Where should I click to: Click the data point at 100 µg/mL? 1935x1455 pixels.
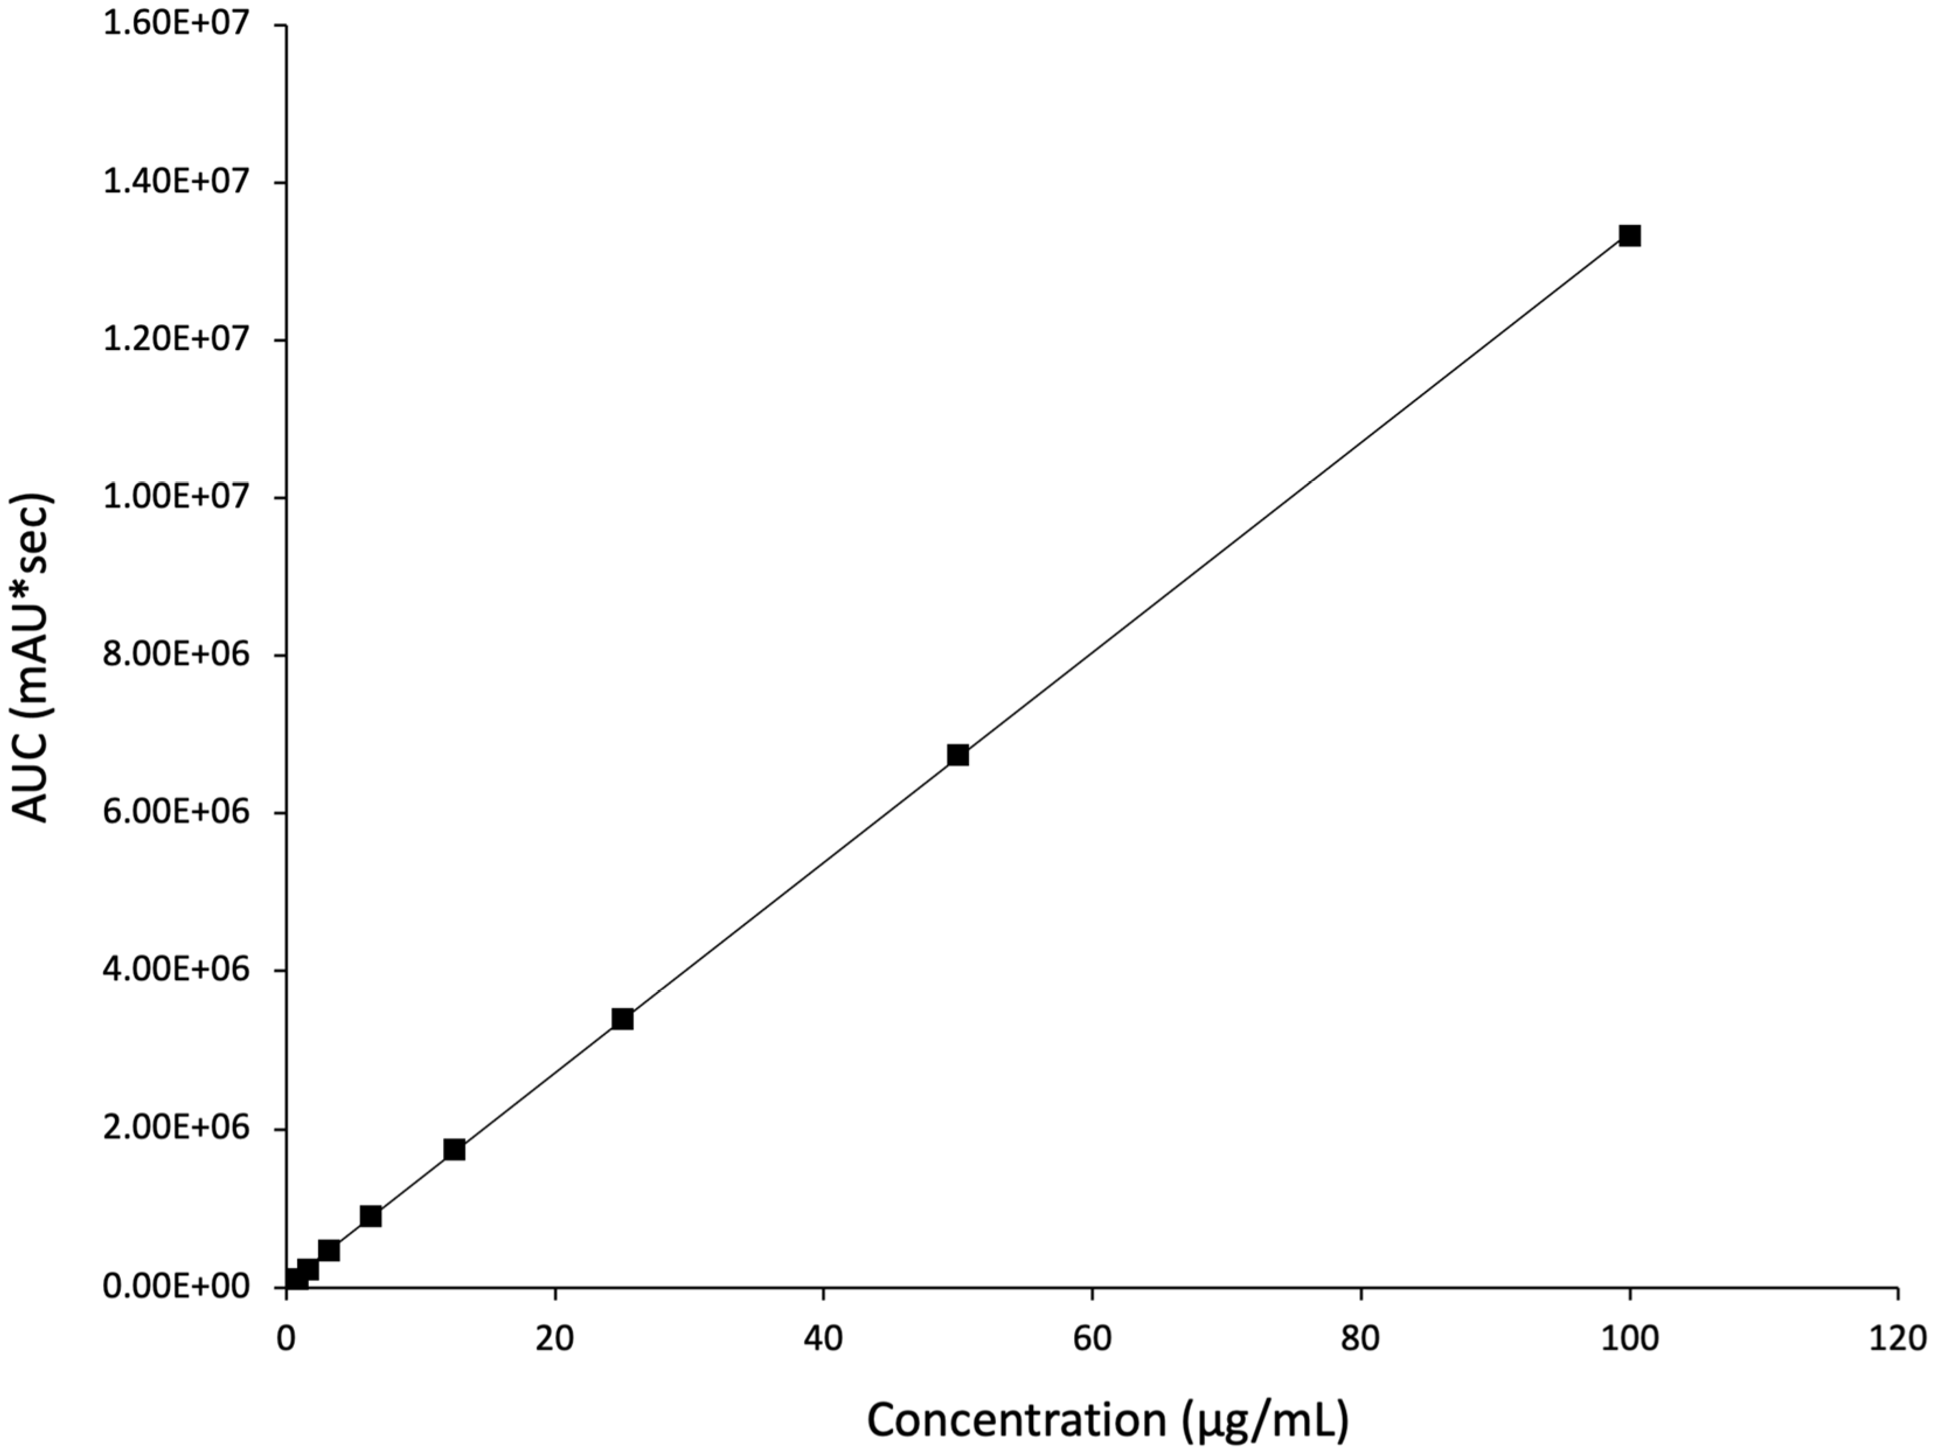[1629, 235]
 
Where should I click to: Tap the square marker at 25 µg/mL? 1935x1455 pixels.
[622, 1019]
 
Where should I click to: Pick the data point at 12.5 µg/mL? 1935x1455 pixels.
[454, 1150]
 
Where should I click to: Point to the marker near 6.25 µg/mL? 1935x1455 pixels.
[371, 1216]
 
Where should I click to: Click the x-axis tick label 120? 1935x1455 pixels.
[1898, 1339]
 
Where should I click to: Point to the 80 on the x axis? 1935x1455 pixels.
[1361, 1339]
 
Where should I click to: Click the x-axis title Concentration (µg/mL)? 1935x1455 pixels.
[1107, 1422]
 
